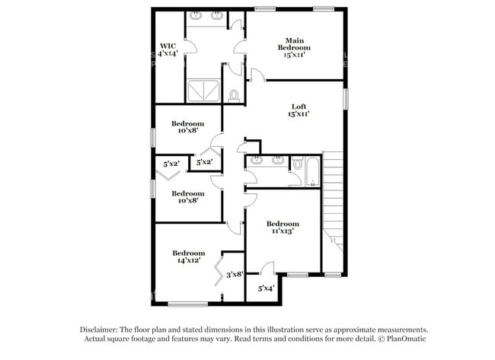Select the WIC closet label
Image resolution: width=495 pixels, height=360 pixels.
pos(168,49)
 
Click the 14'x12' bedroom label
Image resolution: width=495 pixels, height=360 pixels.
pos(188,257)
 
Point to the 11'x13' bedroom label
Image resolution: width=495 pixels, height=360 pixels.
pos(283,227)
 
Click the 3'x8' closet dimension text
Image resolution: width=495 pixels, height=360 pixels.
pos(234,274)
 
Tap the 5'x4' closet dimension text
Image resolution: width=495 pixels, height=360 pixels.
pos(266,288)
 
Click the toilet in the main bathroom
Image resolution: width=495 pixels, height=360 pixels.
pos(234,95)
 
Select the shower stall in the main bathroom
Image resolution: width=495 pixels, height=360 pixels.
pos(203,90)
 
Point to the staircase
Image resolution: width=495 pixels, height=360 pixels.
pos(333,198)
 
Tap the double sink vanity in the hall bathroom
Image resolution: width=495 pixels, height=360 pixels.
pos(266,161)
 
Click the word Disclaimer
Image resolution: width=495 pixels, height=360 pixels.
pos(103,330)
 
